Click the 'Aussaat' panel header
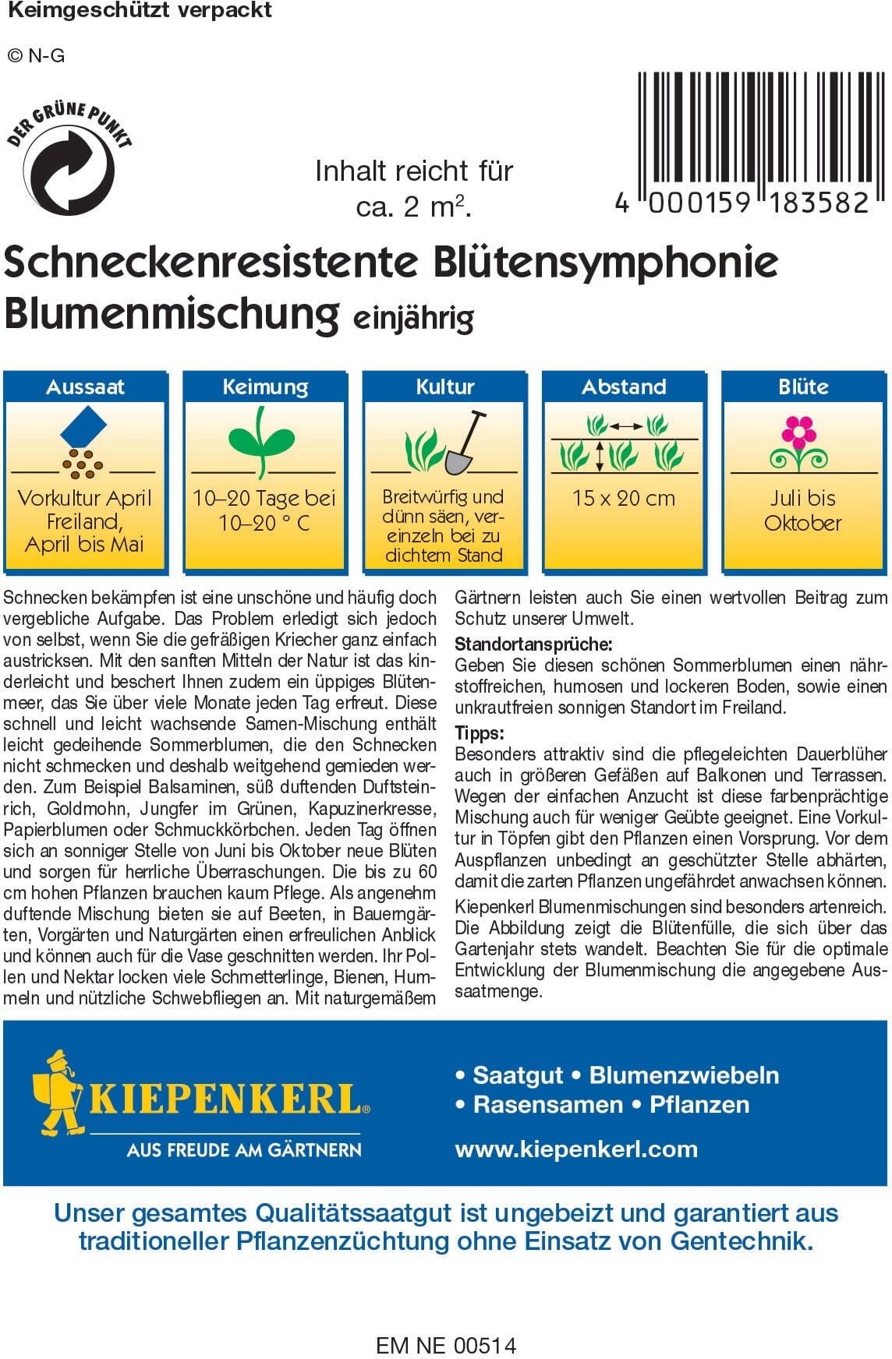tap(86, 387)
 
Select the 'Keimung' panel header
tap(265, 387)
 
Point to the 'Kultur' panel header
tap(445, 387)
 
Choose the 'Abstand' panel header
tap(624, 387)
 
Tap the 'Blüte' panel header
tap(803, 387)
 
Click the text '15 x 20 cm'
tap(624, 499)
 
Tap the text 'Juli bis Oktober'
tap(803, 510)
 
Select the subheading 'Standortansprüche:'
tap(533, 644)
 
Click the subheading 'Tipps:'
tap(480, 733)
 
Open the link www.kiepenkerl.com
tap(576, 1149)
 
